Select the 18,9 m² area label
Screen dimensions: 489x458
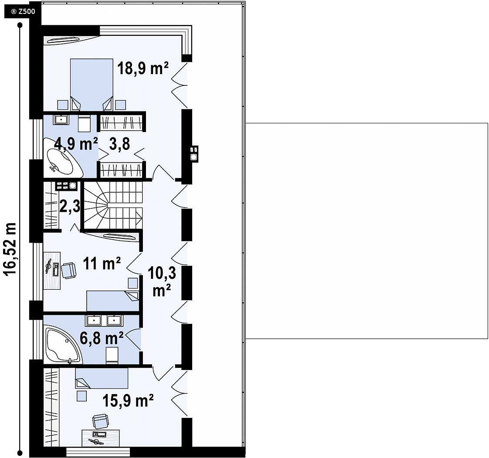[x=143, y=68]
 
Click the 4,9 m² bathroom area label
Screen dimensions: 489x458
[x=76, y=144]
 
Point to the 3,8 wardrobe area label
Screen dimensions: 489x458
[x=120, y=144]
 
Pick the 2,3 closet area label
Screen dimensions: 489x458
[x=70, y=206]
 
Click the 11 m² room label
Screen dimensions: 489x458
[x=102, y=264]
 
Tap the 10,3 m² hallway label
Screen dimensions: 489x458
[x=162, y=281]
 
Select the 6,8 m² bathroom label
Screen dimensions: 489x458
[x=102, y=338]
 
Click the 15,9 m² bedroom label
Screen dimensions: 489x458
[x=128, y=400]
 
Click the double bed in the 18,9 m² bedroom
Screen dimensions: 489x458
[x=92, y=85]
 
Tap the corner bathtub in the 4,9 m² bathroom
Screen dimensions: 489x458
[x=63, y=158]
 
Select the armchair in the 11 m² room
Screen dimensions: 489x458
[x=69, y=270]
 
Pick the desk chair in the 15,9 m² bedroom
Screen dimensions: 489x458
[x=101, y=421]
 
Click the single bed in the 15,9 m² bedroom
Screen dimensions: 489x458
[x=102, y=378]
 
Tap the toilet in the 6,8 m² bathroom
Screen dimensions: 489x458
[x=112, y=356]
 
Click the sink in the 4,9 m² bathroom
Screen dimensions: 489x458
[x=61, y=119]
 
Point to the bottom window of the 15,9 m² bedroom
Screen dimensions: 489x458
[x=98, y=451]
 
